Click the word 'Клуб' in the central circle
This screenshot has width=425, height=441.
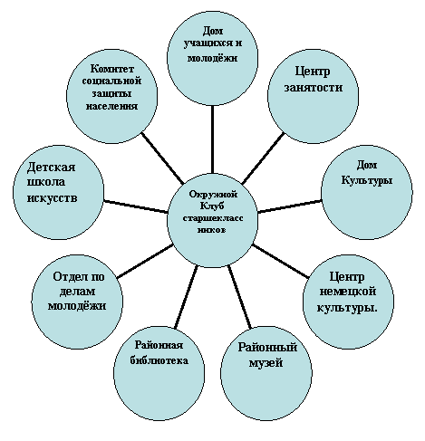pos(212,206)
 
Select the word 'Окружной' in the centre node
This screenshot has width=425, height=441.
pos(213,194)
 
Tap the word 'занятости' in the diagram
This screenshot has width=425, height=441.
pos(314,87)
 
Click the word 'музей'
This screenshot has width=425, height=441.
pos(266,362)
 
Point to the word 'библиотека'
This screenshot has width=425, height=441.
pos(159,360)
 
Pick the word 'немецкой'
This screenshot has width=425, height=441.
pos(348,292)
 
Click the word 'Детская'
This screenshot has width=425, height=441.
pos(51,167)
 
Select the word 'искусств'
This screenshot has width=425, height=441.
pos(53,198)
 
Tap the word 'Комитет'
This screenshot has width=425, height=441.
pos(111,69)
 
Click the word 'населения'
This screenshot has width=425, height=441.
pos(111,106)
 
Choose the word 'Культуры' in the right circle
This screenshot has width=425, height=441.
pos(367,180)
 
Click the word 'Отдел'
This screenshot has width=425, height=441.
pos(66,276)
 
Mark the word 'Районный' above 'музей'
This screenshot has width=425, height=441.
pos(267,347)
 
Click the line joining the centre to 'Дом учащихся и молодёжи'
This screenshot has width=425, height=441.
pos(213,139)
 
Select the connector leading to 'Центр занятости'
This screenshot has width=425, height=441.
pos(263,158)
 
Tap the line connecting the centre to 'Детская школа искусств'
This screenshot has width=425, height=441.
pos(135,206)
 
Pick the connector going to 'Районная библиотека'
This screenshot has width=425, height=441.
pos(186,297)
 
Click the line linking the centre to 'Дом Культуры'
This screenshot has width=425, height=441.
pos(290,206)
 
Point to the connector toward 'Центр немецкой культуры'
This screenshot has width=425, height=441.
pos(281,261)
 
